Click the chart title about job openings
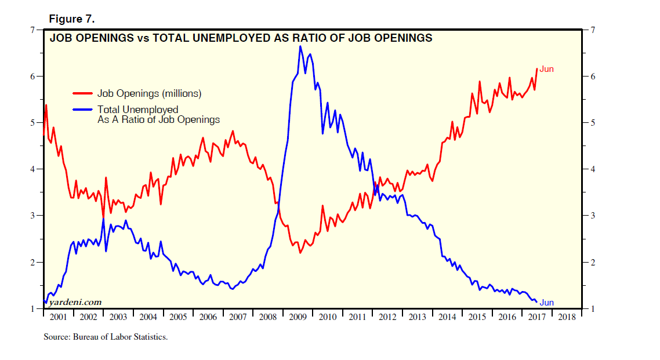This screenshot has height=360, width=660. (241, 38)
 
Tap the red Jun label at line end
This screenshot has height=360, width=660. (547, 69)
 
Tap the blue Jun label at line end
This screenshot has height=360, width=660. (547, 303)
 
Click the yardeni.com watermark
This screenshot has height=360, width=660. (75, 302)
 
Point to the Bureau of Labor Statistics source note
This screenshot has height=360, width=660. (106, 337)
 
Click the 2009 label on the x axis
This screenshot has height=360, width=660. (298, 317)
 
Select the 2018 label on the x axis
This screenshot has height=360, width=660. (565, 317)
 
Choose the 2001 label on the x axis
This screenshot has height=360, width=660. (59, 317)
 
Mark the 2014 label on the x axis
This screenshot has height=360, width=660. (447, 317)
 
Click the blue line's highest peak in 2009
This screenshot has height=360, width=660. (300, 46)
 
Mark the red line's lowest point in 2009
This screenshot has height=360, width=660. (300, 253)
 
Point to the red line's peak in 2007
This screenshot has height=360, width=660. (233, 131)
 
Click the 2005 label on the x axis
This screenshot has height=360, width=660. (178, 317)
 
